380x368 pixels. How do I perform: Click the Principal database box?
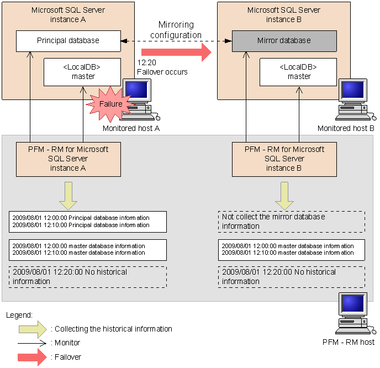click(x=68, y=41)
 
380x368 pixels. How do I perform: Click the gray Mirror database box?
click(x=284, y=41)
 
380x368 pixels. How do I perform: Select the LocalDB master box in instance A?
click(x=83, y=72)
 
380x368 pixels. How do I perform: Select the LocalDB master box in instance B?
click(x=299, y=72)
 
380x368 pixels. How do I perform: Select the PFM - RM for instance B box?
click(x=284, y=159)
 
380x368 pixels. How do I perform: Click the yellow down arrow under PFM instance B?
click(x=284, y=195)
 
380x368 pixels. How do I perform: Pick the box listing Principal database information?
click(x=87, y=222)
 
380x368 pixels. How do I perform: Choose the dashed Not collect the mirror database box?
click(x=291, y=222)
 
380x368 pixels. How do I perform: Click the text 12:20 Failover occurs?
click(x=162, y=68)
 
